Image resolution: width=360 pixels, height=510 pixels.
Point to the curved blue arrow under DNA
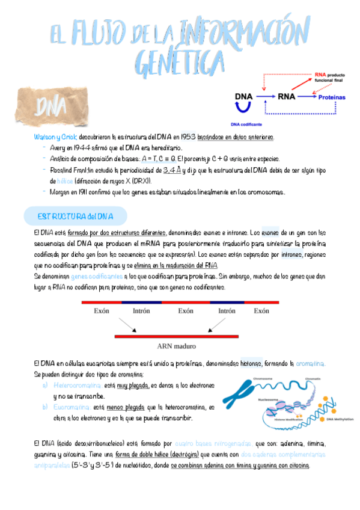click(243, 108)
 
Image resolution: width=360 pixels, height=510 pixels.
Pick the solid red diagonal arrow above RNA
click(300, 81)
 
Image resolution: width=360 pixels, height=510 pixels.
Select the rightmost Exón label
click(261, 311)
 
